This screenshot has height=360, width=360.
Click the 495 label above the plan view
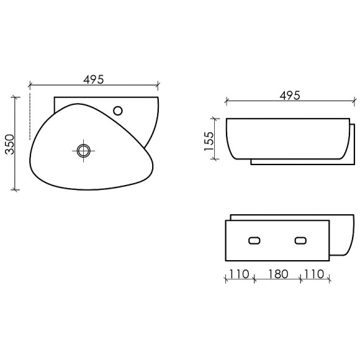click(x=93, y=79)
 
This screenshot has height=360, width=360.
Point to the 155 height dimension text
click(x=209, y=138)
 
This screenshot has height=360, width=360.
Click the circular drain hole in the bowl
click(x=83, y=150)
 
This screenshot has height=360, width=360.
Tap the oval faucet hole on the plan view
click(x=119, y=111)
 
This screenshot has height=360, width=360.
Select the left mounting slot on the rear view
click(x=253, y=240)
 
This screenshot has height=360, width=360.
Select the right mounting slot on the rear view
click(x=302, y=240)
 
